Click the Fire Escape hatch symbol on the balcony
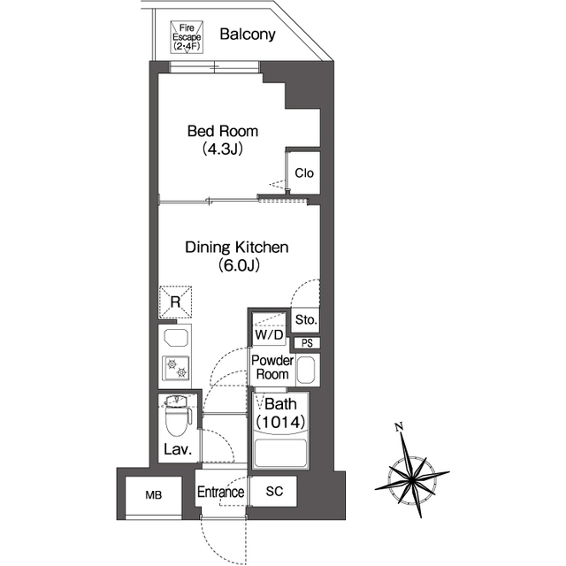pos(187,37)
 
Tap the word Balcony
pos(248,34)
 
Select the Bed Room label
pos(223,131)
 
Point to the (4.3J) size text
pos(222,149)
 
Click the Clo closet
pos(304,172)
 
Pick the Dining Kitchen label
pos(237,248)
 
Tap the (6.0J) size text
pos(239,265)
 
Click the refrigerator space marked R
pos(175,302)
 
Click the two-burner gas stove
pos(176,368)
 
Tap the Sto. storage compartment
pos(306,320)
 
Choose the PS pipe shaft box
pos(307,343)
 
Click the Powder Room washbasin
pos(306,370)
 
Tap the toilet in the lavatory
pos(177,416)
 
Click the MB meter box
pos(153,495)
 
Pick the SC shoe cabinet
pos(274,492)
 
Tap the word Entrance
pos(220,492)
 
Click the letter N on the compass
pos(399,427)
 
